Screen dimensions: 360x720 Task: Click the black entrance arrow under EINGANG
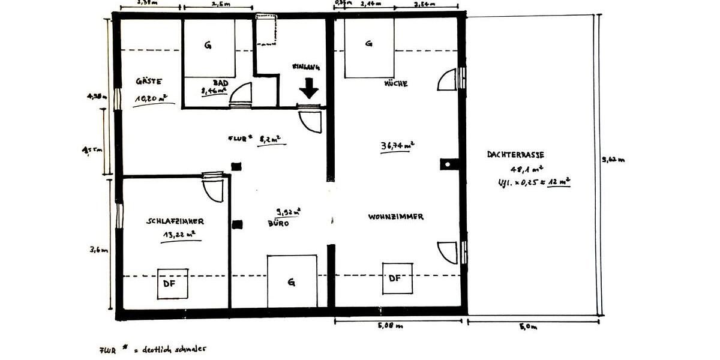click(x=309, y=89)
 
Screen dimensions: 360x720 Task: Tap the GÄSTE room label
click(x=149, y=81)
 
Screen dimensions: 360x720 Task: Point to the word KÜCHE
click(x=395, y=84)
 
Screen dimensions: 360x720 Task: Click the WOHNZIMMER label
click(x=396, y=217)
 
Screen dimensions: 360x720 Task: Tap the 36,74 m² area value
click(x=397, y=146)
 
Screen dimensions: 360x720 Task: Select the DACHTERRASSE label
click(x=515, y=154)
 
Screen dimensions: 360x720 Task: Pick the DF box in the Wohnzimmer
click(x=397, y=278)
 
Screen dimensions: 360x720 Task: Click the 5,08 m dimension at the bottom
click(x=391, y=327)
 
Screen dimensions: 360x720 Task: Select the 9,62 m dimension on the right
click(x=613, y=160)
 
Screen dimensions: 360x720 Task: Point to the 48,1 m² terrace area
click(x=526, y=169)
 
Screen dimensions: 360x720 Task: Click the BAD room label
click(x=220, y=83)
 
